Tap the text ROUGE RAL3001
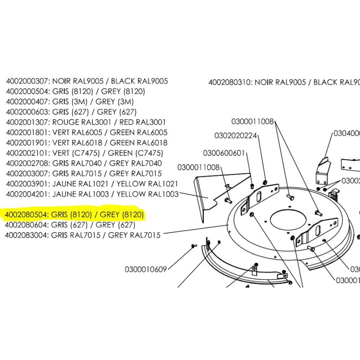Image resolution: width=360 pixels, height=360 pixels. (x=77, y=122)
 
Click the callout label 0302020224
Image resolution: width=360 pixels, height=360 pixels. (x=236, y=135)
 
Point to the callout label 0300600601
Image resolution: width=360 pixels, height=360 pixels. (x=224, y=153)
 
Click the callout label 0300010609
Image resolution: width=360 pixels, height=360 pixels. (x=146, y=270)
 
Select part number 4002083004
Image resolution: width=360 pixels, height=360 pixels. (x=27, y=235)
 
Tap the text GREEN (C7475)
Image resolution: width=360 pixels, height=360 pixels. (x=136, y=153)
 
